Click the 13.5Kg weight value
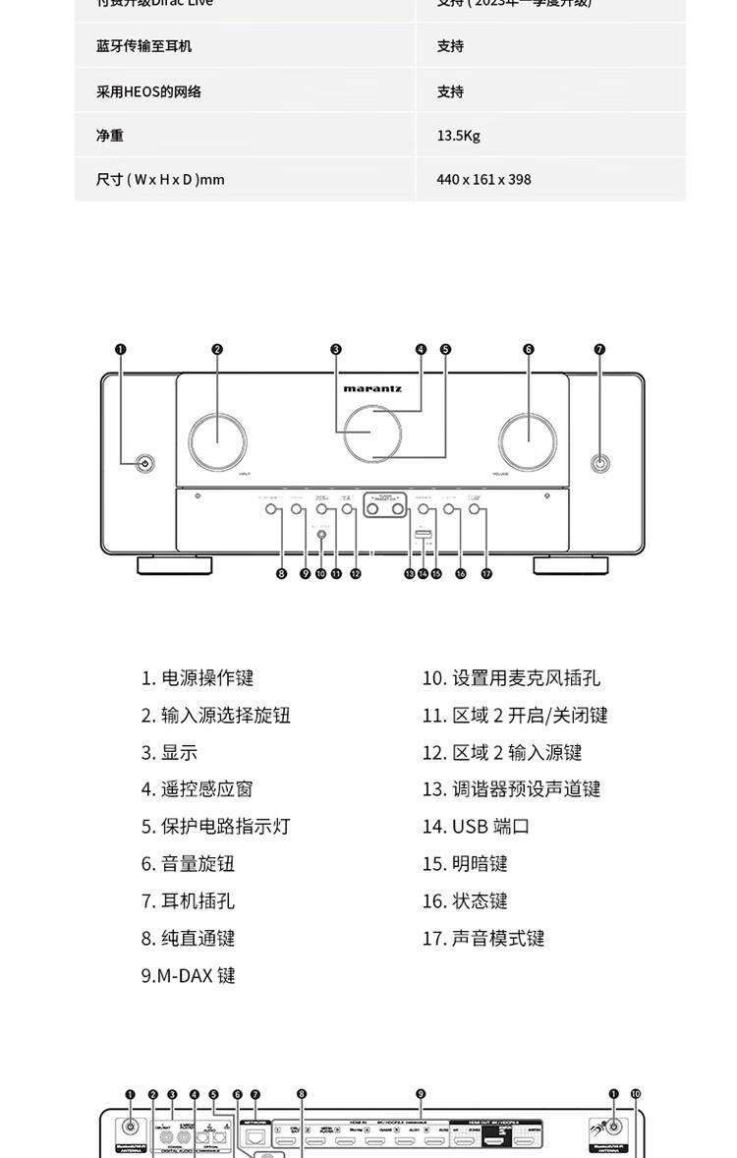[x=458, y=136]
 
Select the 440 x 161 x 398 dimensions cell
[x=483, y=180]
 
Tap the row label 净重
[x=110, y=136]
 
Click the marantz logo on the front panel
[x=372, y=388]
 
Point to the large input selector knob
[x=218, y=438]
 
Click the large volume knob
[x=529, y=438]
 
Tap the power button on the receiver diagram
[x=144, y=464]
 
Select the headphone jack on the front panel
[x=599, y=463]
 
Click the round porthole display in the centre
[x=370, y=435]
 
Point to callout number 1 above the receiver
[x=121, y=349]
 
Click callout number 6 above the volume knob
[x=529, y=349]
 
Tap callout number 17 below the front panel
[x=486, y=574]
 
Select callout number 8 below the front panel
[x=281, y=574]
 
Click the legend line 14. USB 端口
[x=476, y=827]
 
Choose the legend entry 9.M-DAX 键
[x=188, y=976]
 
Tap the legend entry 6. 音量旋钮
[x=188, y=864]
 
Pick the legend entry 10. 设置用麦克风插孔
[x=511, y=678]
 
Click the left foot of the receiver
[x=173, y=564]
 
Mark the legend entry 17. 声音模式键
[x=483, y=939]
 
